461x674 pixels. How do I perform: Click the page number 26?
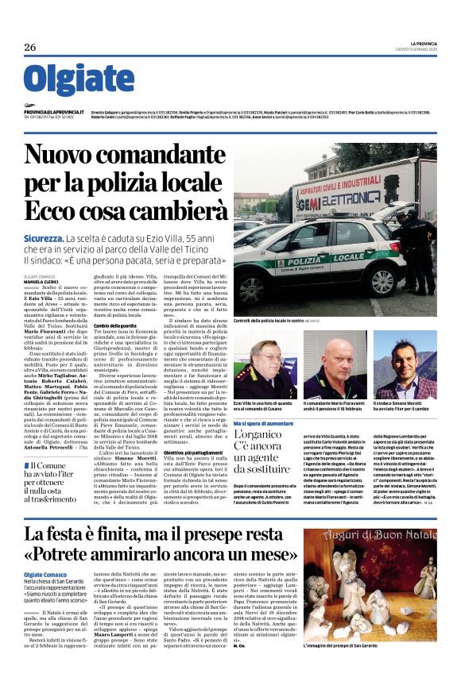coord(29,48)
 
